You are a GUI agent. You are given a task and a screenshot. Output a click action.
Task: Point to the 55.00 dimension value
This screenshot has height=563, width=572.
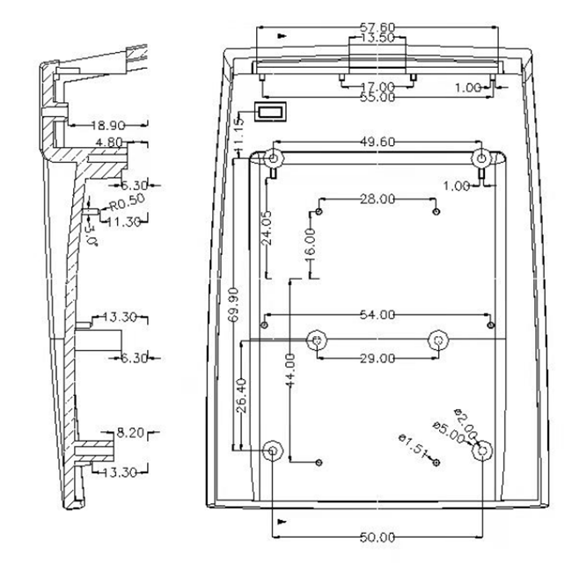(x=377, y=98)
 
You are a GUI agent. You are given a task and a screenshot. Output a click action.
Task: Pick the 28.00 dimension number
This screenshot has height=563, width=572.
(x=377, y=200)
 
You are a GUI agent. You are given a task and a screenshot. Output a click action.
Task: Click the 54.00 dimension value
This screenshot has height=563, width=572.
(x=377, y=314)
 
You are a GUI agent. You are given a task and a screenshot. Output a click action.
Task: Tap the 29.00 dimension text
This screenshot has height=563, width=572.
(x=377, y=358)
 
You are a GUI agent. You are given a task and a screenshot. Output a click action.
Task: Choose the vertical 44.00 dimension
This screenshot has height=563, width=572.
(x=291, y=375)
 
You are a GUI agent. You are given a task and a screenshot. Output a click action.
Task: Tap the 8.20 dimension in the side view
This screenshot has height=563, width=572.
(x=131, y=433)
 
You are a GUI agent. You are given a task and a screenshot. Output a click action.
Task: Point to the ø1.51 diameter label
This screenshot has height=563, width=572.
(x=412, y=446)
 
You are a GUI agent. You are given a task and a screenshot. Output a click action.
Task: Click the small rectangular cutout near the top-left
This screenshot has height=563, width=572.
(x=272, y=112)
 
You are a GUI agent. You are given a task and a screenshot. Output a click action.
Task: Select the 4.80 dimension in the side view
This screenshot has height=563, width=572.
(x=109, y=142)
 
